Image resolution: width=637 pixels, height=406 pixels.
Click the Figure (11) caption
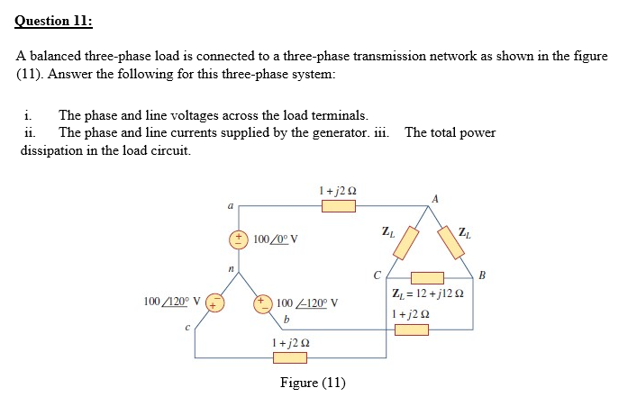(x=313, y=383)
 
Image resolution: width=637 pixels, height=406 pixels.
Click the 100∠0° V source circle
(x=240, y=239)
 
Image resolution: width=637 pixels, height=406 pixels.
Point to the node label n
(x=230, y=268)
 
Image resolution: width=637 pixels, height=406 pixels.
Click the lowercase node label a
(x=230, y=207)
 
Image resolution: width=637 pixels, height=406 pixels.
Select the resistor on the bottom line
(x=290, y=357)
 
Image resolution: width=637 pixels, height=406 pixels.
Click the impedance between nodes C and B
(x=427, y=277)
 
